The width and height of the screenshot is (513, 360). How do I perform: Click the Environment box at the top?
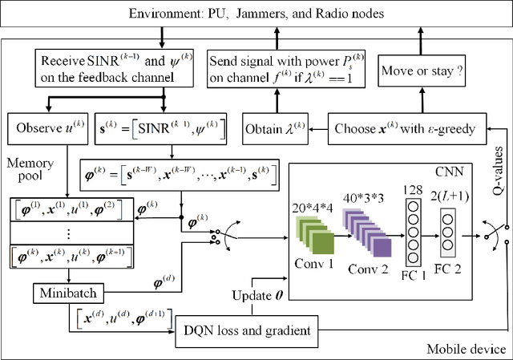click(256, 14)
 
